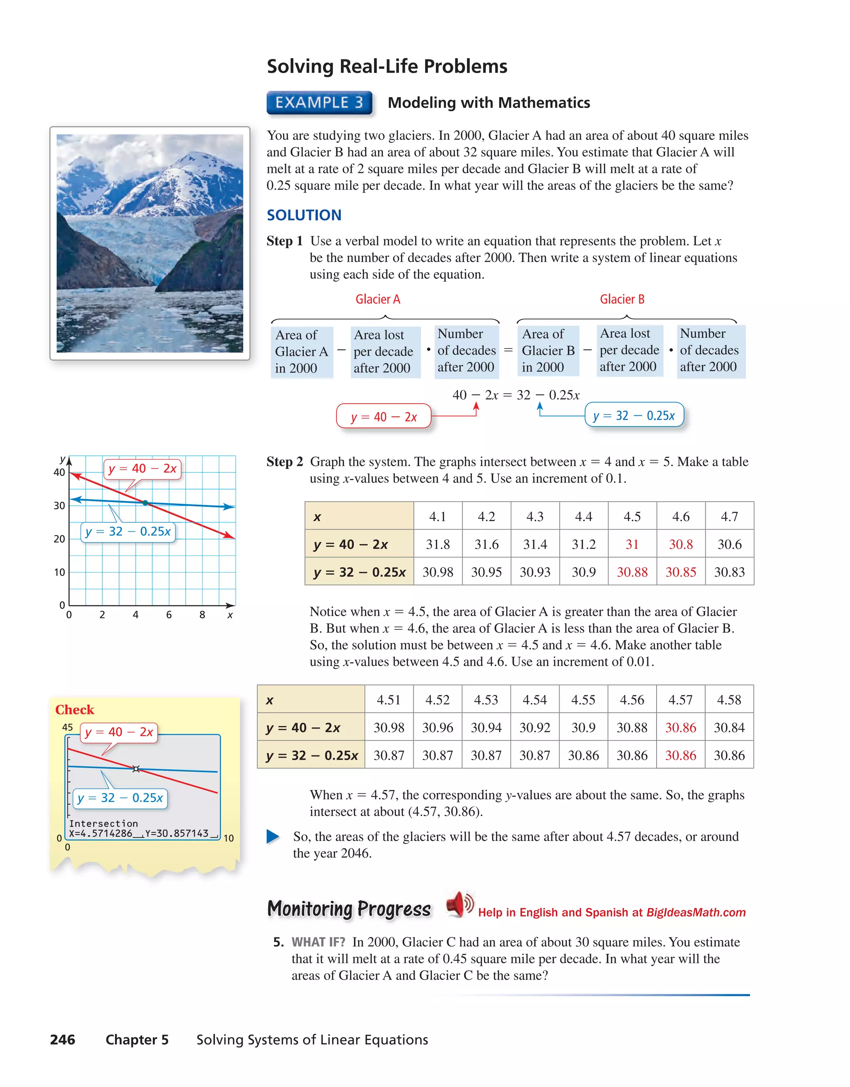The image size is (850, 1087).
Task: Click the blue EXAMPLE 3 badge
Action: click(319, 102)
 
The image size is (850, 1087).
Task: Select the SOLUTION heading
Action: click(304, 215)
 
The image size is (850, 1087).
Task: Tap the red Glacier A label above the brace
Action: click(377, 299)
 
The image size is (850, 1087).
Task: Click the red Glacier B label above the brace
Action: click(622, 299)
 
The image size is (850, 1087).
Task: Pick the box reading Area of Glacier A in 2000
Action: click(301, 351)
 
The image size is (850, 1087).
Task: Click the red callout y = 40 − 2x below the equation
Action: click(383, 417)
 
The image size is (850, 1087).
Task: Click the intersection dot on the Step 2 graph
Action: click(145, 503)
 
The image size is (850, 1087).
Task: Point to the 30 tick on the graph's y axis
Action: click(59, 506)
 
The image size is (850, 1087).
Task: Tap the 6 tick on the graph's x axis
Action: click(169, 615)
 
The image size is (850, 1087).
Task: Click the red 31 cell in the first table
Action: click(632, 544)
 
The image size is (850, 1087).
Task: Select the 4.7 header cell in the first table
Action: click(729, 517)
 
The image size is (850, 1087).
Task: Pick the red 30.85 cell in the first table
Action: click(681, 572)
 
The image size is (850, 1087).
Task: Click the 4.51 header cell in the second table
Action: click(388, 700)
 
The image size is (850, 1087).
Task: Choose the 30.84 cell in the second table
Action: click(729, 728)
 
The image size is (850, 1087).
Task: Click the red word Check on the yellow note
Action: click(75, 710)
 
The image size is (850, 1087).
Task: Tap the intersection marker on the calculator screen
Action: click(136, 769)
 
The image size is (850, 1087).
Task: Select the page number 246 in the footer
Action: click(63, 1040)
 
